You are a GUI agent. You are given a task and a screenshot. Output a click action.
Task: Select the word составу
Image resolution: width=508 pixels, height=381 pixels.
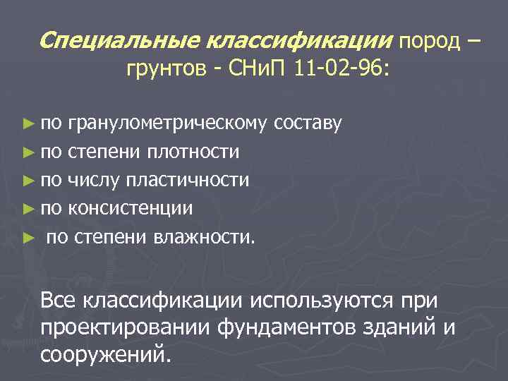pos(308,125)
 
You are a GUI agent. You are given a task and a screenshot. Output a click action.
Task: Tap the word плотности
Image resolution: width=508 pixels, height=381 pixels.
pos(193,152)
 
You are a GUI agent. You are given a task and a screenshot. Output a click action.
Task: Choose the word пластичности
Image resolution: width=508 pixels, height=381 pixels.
pos(187,180)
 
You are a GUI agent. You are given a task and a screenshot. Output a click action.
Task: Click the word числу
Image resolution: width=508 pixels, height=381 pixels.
pos(93,180)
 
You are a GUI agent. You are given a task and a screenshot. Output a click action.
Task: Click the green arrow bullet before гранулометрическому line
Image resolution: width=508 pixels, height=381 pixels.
pos(28,125)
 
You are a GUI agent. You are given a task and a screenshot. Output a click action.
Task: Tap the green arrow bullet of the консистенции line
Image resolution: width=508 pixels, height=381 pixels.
pos(28,208)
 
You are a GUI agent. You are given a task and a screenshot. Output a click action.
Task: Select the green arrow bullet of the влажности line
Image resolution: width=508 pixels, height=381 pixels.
pos(28,236)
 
